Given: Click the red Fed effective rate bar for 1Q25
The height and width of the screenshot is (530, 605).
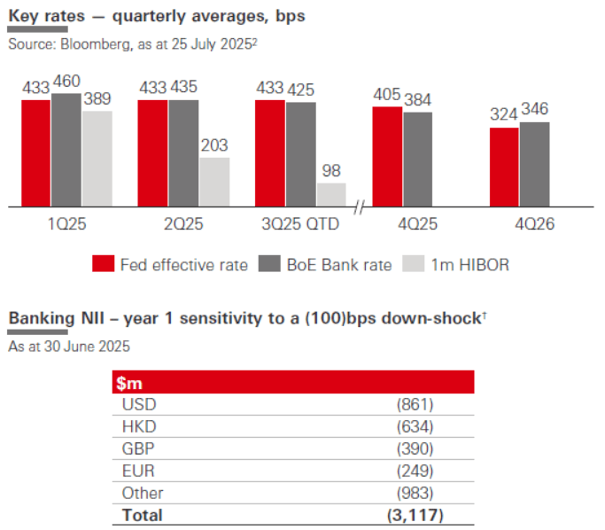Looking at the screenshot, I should pyautogui.click(x=36, y=152).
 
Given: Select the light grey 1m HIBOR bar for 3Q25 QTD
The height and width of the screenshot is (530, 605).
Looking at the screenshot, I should pyautogui.click(x=331, y=195).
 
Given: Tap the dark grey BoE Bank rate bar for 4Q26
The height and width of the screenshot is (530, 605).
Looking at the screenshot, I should pyautogui.click(x=534, y=164).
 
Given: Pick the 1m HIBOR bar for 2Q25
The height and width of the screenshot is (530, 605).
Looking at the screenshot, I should pyautogui.click(x=214, y=182).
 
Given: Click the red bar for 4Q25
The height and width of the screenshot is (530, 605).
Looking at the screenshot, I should pyautogui.click(x=386, y=156).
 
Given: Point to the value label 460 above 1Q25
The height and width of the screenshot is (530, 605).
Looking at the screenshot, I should pyautogui.click(x=66, y=82).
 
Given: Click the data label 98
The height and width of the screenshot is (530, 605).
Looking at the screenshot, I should pyautogui.click(x=331, y=171).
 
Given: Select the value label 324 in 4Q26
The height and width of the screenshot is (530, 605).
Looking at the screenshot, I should pyautogui.click(x=504, y=115).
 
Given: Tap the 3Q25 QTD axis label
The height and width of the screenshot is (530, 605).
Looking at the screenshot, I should pyautogui.click(x=301, y=225).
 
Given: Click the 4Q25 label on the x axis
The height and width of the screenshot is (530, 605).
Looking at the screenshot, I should pyautogui.click(x=402, y=225).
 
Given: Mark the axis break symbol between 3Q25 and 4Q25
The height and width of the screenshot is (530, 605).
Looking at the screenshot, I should pyautogui.click(x=359, y=207).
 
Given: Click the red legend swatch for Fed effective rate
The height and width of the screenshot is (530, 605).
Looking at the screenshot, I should pyautogui.click(x=104, y=264).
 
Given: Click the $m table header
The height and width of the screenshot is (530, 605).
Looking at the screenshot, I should pyautogui.click(x=131, y=383).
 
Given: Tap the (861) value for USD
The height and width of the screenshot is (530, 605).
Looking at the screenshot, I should pyautogui.click(x=415, y=404).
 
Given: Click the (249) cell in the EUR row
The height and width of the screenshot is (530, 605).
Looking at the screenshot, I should pyautogui.click(x=415, y=470).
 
